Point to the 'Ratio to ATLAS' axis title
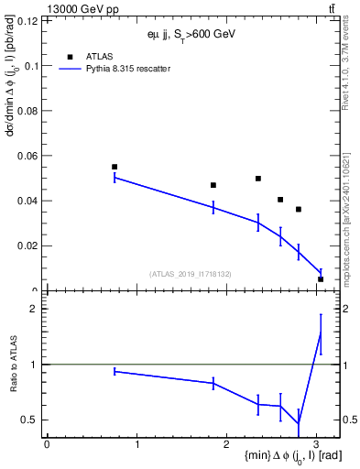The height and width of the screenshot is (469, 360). (x=14, y=365)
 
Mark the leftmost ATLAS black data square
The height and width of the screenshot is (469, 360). (x=115, y=167)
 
